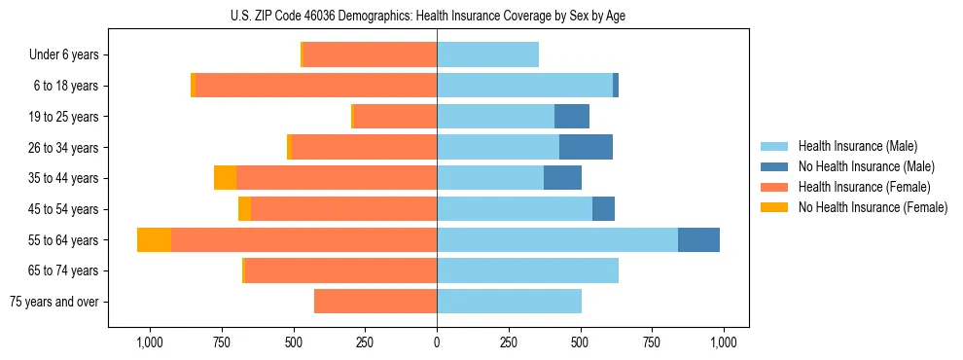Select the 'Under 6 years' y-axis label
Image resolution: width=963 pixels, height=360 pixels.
69,54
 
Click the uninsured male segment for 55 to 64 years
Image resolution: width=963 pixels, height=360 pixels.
698,239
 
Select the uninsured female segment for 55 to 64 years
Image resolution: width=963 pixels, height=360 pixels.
154,239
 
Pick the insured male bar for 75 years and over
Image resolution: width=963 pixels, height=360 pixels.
509,302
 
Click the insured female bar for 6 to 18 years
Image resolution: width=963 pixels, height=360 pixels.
316,86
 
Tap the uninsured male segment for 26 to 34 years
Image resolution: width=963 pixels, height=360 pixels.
586,147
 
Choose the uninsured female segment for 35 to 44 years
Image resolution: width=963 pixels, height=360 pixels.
225,178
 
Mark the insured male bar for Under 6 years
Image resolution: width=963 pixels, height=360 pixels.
487,54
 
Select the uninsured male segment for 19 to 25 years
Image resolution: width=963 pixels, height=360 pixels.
572,117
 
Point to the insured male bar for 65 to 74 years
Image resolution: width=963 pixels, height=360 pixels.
527,270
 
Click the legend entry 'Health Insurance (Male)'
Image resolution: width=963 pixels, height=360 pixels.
857,146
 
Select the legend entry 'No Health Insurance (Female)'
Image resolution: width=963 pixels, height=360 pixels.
873,207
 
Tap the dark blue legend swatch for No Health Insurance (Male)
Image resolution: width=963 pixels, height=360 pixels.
774,166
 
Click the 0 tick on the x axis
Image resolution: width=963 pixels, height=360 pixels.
437,342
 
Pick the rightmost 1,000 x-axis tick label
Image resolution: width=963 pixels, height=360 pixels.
724,342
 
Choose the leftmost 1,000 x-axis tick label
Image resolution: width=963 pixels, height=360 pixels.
150,342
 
